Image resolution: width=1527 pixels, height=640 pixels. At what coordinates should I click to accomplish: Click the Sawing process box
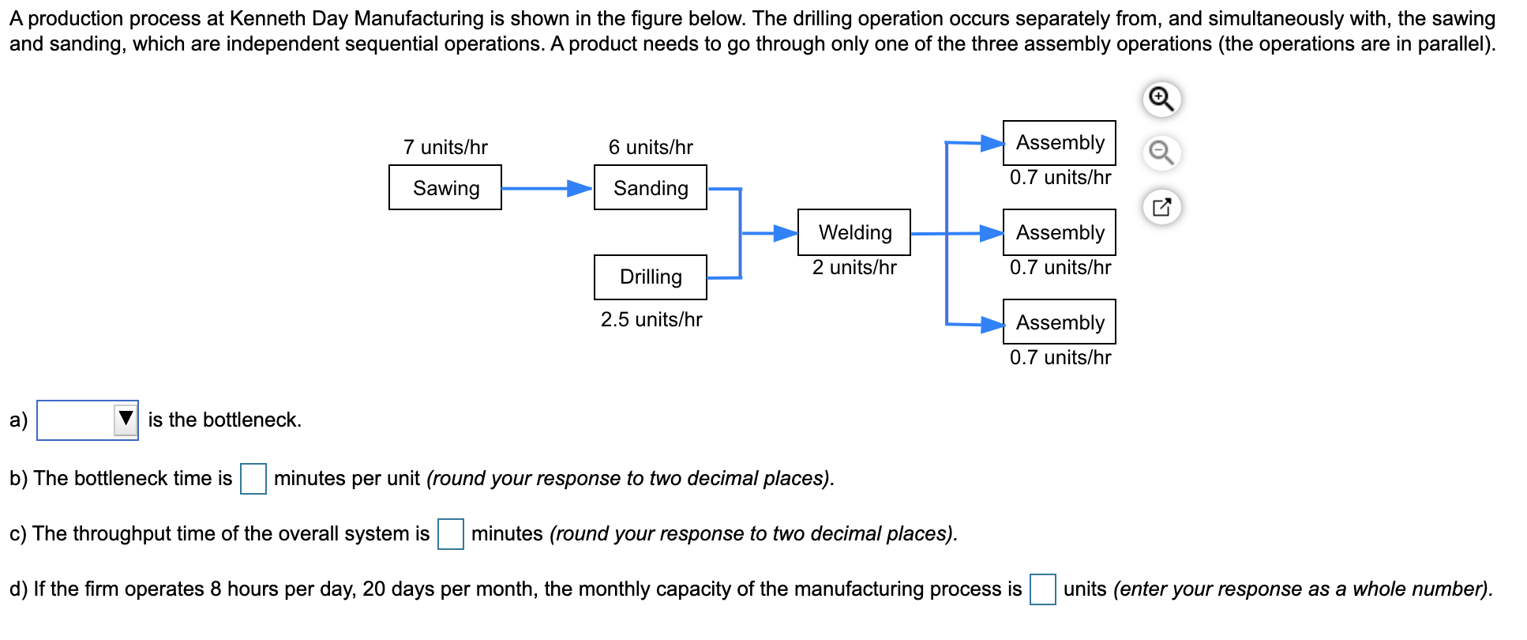[445, 187]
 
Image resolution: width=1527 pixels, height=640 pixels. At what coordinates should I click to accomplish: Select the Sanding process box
[650, 187]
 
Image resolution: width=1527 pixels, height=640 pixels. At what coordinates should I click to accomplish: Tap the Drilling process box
[650, 277]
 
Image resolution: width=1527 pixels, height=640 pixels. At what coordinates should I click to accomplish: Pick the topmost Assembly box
[1059, 143]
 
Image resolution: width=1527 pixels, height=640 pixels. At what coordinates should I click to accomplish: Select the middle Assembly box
[1059, 232]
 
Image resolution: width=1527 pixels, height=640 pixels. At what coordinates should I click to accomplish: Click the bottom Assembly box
[1059, 322]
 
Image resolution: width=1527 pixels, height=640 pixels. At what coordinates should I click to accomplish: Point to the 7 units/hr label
[445, 147]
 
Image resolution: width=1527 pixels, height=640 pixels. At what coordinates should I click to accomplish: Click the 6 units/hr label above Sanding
[651, 147]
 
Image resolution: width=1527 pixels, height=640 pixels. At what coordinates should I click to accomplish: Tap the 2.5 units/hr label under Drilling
[651, 319]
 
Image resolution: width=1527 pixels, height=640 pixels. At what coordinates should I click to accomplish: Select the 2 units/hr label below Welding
[854, 267]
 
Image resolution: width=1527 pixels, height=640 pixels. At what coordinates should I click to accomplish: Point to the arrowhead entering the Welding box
[786, 233]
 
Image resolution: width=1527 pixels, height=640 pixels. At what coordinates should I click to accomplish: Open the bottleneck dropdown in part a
[88, 420]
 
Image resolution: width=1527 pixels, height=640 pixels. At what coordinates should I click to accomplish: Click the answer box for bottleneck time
[253, 479]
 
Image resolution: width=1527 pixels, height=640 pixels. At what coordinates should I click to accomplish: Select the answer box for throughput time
[451, 534]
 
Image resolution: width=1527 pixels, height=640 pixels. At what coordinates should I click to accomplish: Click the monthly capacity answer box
[1042, 589]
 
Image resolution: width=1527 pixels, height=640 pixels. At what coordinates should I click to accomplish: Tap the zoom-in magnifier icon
[1161, 100]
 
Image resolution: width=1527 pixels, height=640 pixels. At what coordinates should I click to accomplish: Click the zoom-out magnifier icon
[1161, 152]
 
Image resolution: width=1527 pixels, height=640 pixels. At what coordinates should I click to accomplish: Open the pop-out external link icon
[1161, 208]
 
